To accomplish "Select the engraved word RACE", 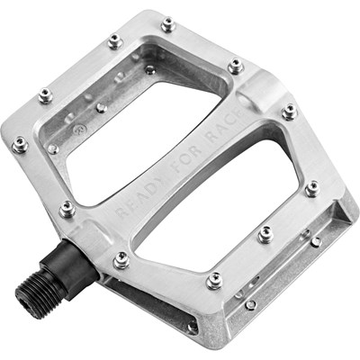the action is (x=224, y=125).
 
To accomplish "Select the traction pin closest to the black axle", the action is (x=121, y=260).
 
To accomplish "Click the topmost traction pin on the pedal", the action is (x=168, y=24).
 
